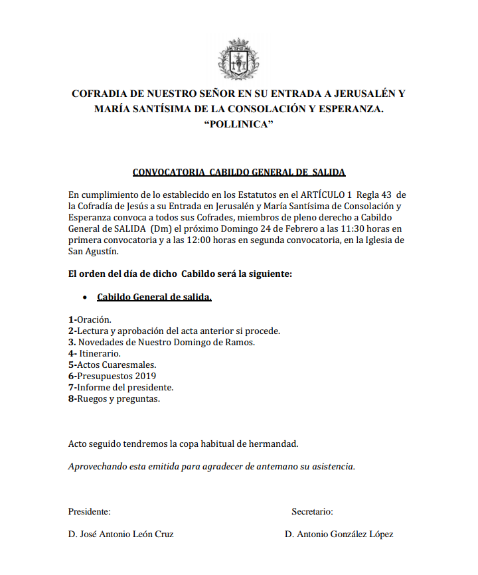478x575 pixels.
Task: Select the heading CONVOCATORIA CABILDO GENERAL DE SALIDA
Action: pos(239,173)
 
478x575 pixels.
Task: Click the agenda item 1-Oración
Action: pos(90,319)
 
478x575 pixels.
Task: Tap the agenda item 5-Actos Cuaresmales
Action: pos(112,365)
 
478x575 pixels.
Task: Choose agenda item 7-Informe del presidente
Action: pos(121,387)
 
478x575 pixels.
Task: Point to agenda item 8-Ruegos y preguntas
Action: pos(114,398)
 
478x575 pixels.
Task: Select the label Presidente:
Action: pos(89,512)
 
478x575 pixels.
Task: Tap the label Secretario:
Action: pos(312,512)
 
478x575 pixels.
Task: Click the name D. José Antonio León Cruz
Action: pos(121,534)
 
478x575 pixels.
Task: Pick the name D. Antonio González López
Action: pos(339,534)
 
